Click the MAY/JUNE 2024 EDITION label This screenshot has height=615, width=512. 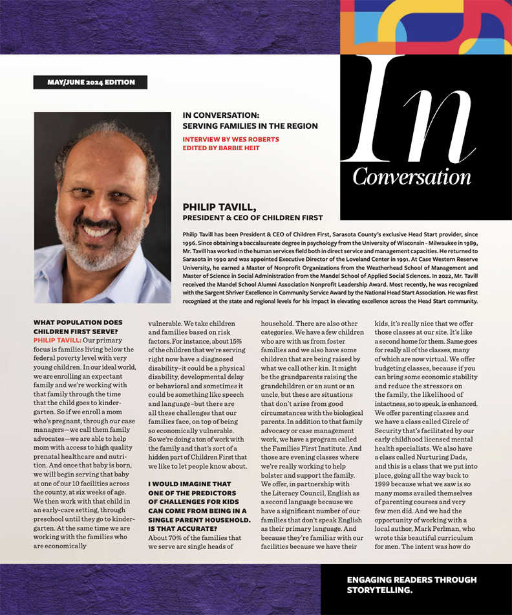91,82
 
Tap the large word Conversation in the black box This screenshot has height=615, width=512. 412,176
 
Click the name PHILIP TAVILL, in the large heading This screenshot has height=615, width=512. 220,207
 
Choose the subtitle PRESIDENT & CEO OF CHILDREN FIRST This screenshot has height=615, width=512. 253,218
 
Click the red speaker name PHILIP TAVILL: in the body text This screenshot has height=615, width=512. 57,339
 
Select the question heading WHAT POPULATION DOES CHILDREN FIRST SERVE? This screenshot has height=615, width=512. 78,326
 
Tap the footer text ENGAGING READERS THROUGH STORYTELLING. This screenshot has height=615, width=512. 411,585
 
